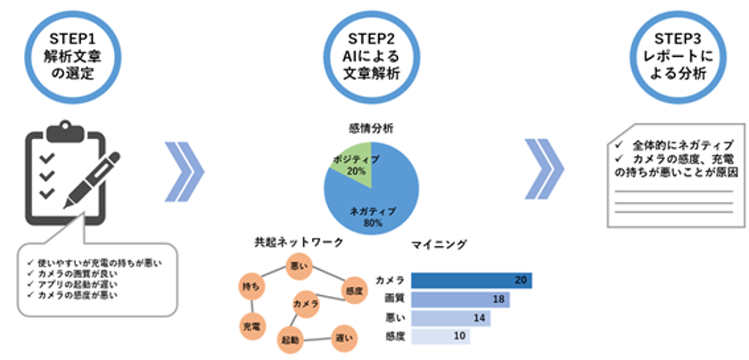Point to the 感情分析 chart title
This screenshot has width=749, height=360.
pyautogui.click(x=371, y=128)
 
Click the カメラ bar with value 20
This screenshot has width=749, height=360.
pyautogui.click(x=472, y=281)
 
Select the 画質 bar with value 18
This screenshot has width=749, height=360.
pyautogui.click(x=460, y=299)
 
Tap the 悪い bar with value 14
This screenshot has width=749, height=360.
pyautogui.click(x=450, y=318)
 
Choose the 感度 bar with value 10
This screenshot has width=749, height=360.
pyautogui.click(x=440, y=337)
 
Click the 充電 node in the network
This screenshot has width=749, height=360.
pyautogui.click(x=252, y=326)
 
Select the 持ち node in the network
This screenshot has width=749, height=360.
pyautogui.click(x=251, y=286)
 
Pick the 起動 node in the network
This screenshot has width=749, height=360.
pyautogui.click(x=291, y=340)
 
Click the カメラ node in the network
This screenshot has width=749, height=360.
pyautogui.click(x=306, y=304)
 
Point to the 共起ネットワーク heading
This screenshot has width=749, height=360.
pyautogui.click(x=299, y=242)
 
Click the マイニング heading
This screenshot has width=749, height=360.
pyautogui.click(x=439, y=244)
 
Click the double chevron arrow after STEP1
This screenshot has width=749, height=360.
pyautogui.click(x=185, y=171)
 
